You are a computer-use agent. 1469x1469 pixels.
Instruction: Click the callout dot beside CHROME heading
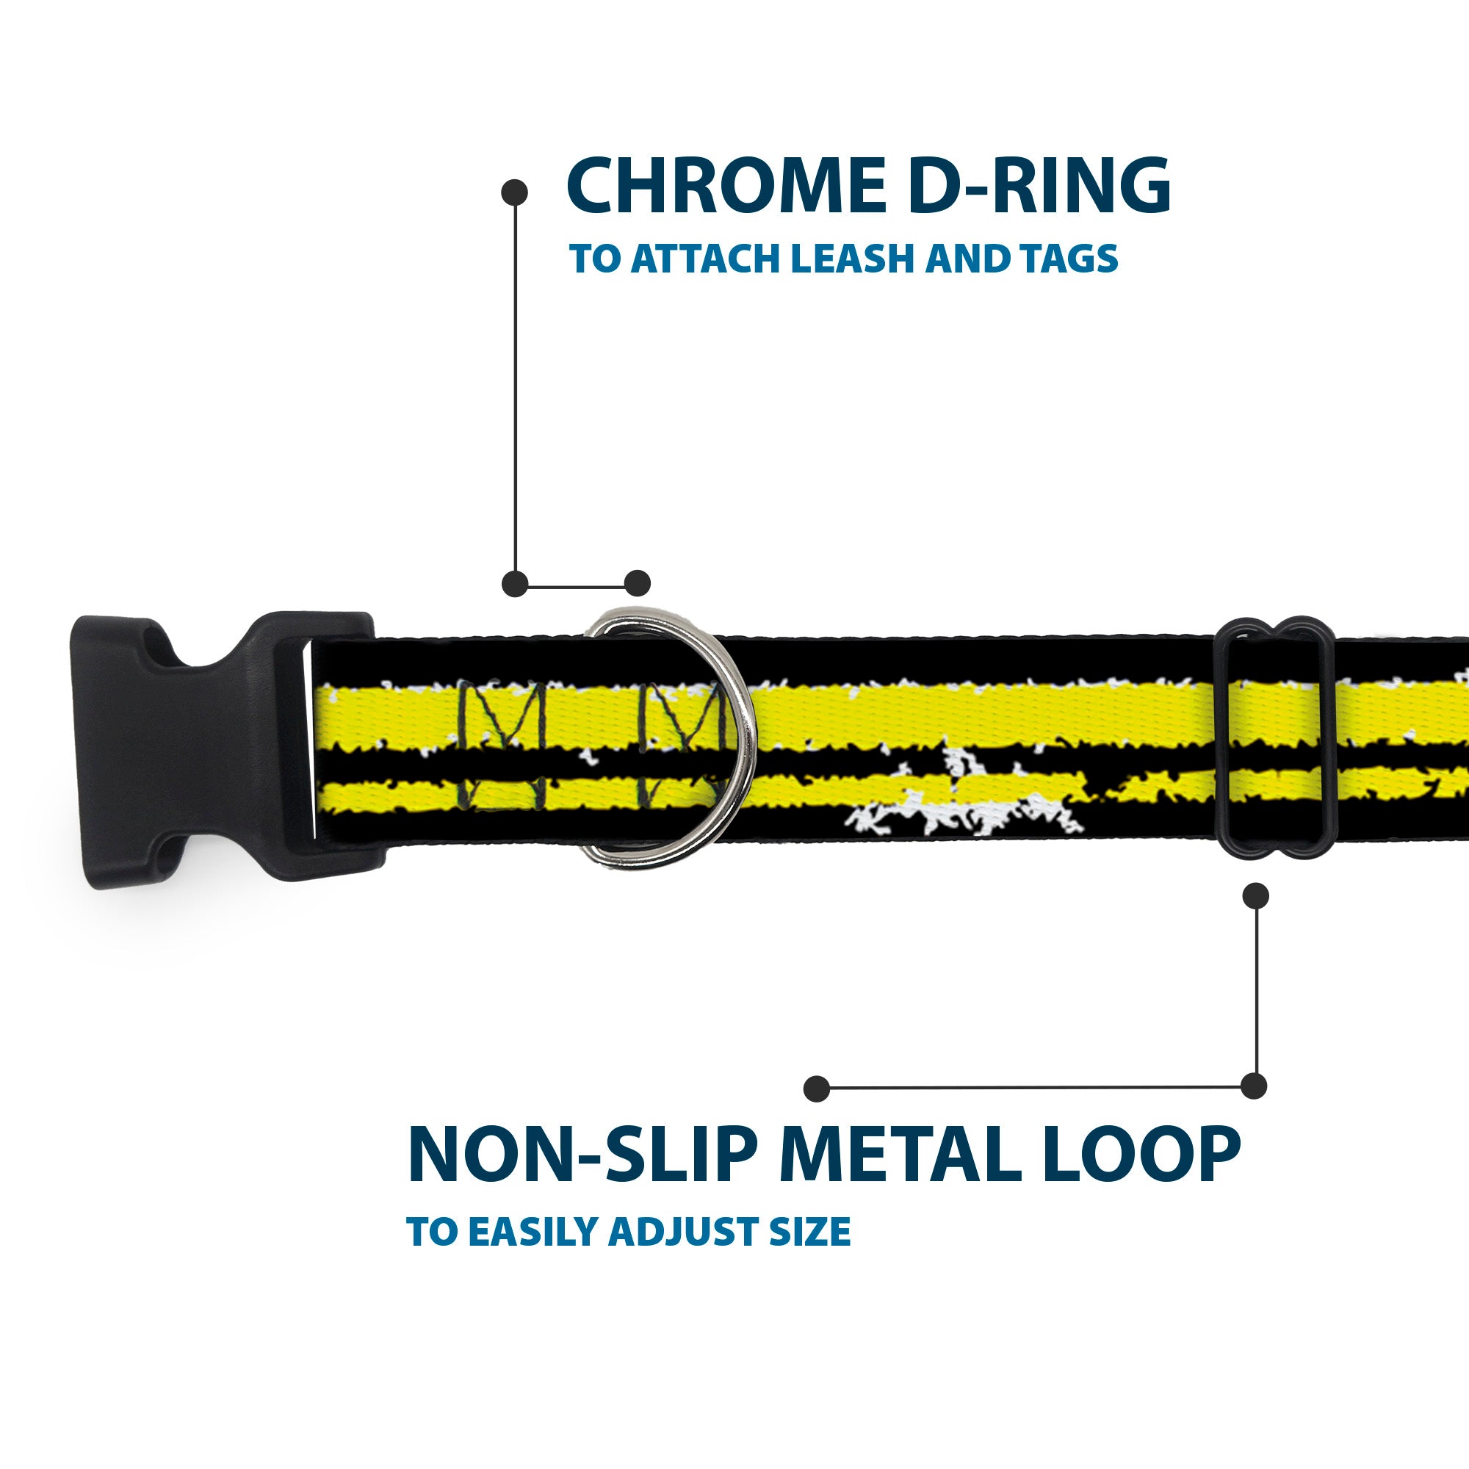515,192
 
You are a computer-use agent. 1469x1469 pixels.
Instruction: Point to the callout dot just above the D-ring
637,583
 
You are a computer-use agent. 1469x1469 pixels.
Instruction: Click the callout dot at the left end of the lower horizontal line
817,1088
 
